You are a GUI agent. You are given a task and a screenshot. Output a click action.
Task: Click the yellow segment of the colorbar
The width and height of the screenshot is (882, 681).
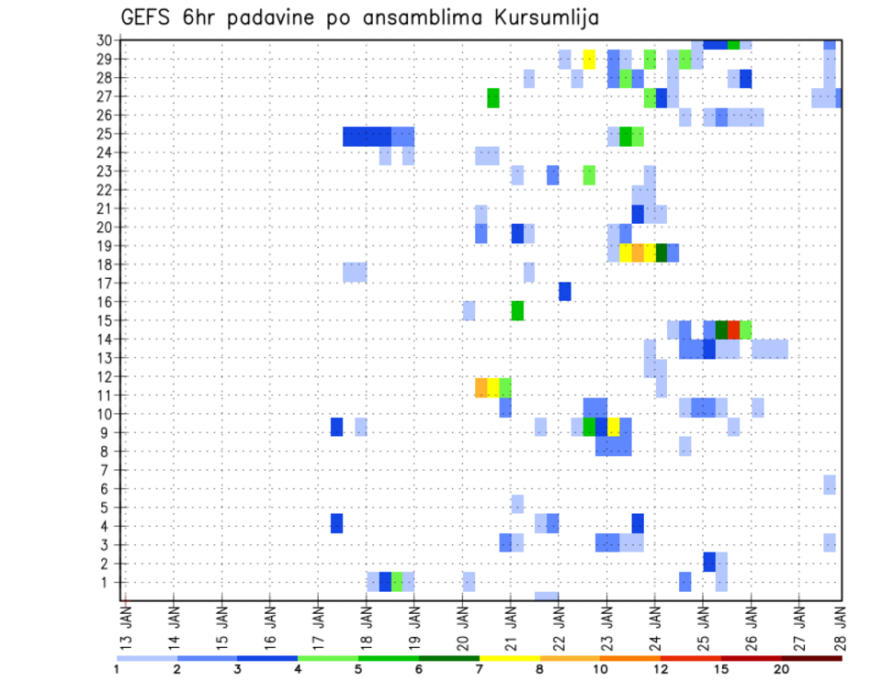point(510,658)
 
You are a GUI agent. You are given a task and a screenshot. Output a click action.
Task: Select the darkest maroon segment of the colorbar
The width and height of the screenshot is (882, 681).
point(812,658)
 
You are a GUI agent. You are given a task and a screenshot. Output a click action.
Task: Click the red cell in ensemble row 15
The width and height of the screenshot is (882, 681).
point(733,329)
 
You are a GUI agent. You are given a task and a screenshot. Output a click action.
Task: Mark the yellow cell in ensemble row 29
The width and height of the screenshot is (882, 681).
point(589,59)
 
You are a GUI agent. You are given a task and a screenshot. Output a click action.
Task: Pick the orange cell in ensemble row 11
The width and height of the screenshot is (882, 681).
point(481,387)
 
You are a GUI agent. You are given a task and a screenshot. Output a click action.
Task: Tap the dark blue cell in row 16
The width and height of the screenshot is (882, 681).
point(565,291)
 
